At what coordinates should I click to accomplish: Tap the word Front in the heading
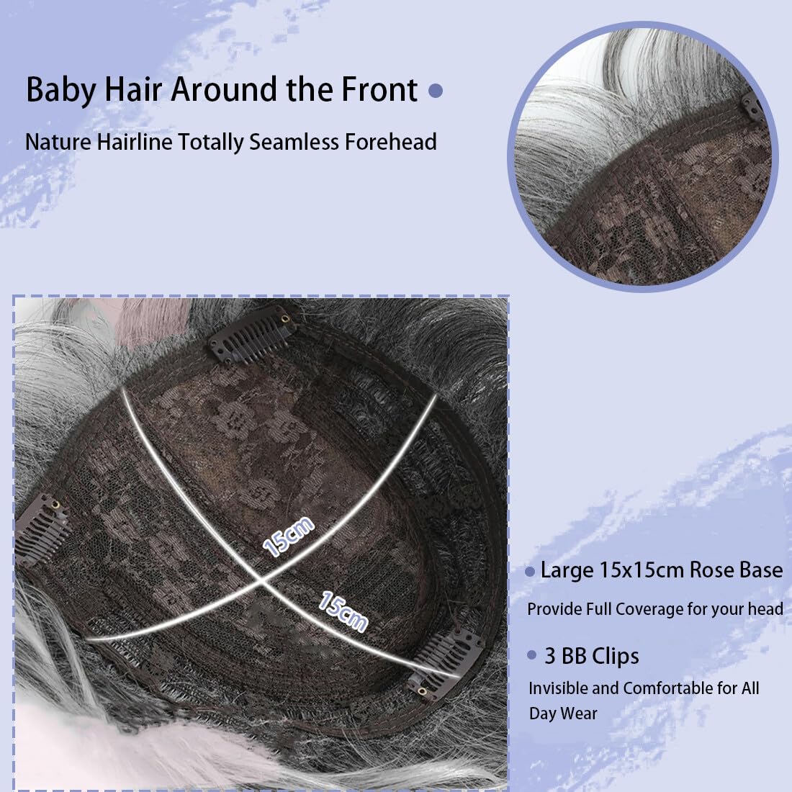click(x=379, y=89)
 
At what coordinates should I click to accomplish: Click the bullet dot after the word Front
click(x=436, y=91)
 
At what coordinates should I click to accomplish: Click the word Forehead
click(x=390, y=142)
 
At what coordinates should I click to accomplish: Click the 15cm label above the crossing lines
click(x=289, y=537)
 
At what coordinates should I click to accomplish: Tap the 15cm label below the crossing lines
click(x=343, y=611)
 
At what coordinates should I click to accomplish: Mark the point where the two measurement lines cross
click(x=261, y=581)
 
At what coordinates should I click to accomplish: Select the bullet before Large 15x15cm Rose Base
click(x=530, y=572)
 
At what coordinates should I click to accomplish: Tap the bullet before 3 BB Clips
click(x=531, y=655)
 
